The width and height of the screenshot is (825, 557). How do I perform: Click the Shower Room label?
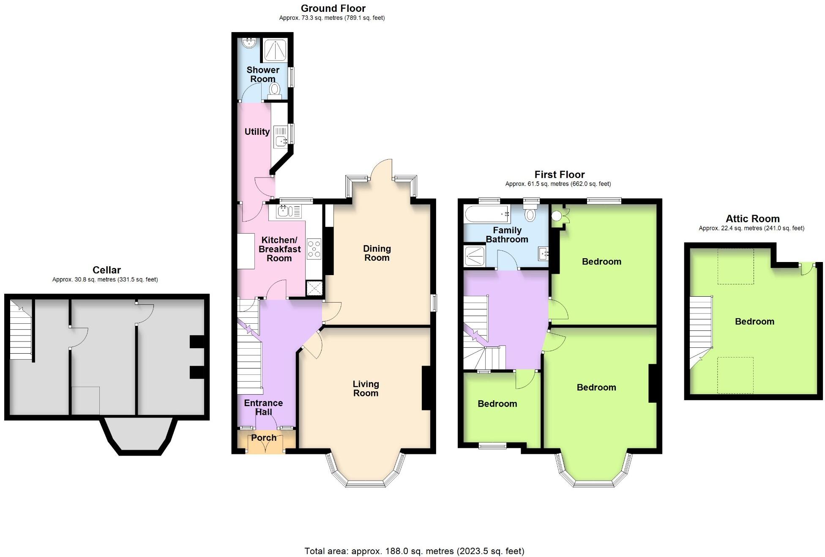[263, 74]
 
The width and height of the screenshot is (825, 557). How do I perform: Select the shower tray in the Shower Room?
[275, 50]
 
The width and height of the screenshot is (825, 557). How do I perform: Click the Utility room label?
[257, 131]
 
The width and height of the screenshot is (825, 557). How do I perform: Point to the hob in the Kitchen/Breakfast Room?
[314, 249]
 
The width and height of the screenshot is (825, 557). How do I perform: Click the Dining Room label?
[377, 253]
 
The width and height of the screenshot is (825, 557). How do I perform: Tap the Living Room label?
[366, 388]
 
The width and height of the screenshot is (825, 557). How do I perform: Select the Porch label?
[264, 438]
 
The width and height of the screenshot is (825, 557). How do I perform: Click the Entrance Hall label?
[263, 407]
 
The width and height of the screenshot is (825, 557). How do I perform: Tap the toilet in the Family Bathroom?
[530, 213]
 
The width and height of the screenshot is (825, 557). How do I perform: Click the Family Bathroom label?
[507, 235]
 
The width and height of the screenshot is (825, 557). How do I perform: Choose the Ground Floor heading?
[333, 8]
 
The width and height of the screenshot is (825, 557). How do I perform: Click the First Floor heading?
[559, 175]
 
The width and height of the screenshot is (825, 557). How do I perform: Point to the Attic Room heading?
[752, 219]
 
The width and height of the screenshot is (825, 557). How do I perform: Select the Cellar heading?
[107, 270]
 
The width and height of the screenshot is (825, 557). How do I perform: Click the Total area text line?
[414, 551]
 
